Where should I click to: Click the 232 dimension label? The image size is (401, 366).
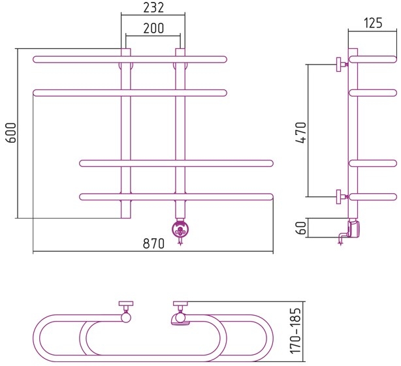pyautogui.click(x=153, y=8)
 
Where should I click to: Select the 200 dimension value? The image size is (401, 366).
pyautogui.click(x=153, y=28)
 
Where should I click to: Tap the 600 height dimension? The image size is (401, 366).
pyautogui.click(x=11, y=133)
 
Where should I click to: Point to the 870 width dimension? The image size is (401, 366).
pyautogui.click(x=153, y=243)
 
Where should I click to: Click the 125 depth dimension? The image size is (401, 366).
pyautogui.click(x=373, y=23)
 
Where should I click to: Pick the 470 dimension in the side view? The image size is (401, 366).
pyautogui.click(x=300, y=133)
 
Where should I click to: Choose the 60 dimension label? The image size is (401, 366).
pyautogui.click(x=302, y=228)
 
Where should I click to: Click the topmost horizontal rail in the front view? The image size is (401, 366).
pyautogui.click(x=130, y=59)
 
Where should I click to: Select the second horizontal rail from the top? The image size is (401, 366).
pyautogui.click(x=130, y=93)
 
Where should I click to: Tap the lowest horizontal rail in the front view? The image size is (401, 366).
pyautogui.click(x=176, y=197)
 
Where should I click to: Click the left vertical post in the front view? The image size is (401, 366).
pyautogui.click(x=125, y=133)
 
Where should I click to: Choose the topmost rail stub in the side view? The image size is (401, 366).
pyautogui.click(x=373, y=59)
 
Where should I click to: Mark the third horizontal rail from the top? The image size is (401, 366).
pyautogui.click(x=176, y=163)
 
